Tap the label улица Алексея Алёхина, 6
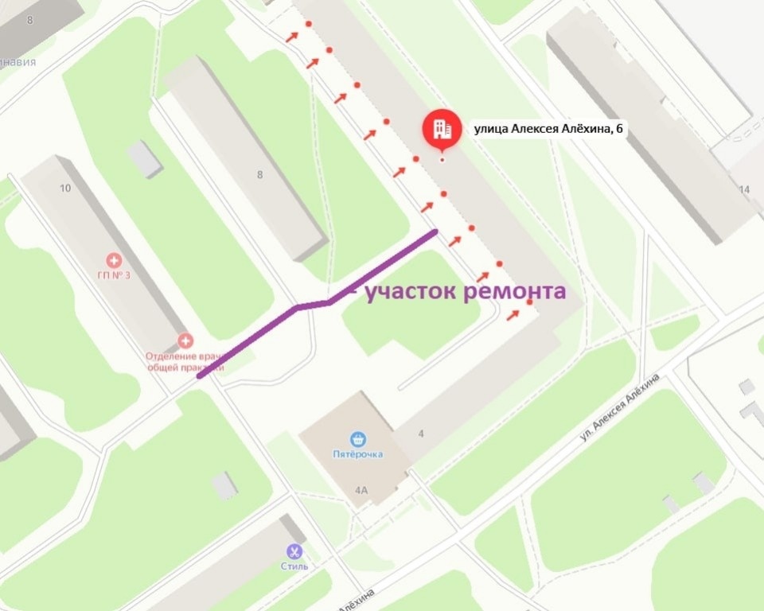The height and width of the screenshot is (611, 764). point(548,128)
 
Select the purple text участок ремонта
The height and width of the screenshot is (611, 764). point(465,291)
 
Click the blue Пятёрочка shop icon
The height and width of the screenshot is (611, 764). point(357,438)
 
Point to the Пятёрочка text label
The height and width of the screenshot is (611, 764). point(357,454)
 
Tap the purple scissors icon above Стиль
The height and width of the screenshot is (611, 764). point(294,551)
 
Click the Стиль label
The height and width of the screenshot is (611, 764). point(294,566)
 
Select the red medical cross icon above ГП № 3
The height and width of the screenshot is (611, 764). point(115,260)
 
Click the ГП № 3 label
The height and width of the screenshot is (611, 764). point(115,276)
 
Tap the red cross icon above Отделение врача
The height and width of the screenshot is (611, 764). point(185,341)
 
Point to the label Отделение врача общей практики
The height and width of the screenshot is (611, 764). point(185,361)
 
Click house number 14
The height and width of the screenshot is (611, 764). point(744,189)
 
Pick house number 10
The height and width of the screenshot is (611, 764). point(65,188)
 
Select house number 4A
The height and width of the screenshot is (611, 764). point(361,490)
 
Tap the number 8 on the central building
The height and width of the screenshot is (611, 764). point(259,175)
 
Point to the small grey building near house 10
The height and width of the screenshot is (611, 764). point(145,158)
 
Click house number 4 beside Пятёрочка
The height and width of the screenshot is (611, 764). point(422,433)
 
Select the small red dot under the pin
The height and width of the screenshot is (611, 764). point(442,161)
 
